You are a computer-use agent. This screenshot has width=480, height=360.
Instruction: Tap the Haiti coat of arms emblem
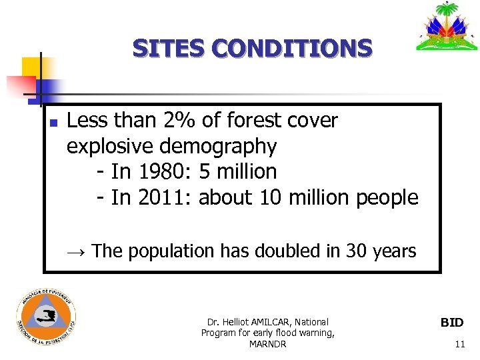pos(447,28)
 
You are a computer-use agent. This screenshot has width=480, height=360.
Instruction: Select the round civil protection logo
pos(46,317)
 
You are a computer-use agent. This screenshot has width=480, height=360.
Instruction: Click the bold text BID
pos(452,323)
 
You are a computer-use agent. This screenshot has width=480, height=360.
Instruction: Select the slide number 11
pos(459,344)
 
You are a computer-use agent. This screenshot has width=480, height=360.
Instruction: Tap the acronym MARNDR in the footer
pos(267,344)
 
